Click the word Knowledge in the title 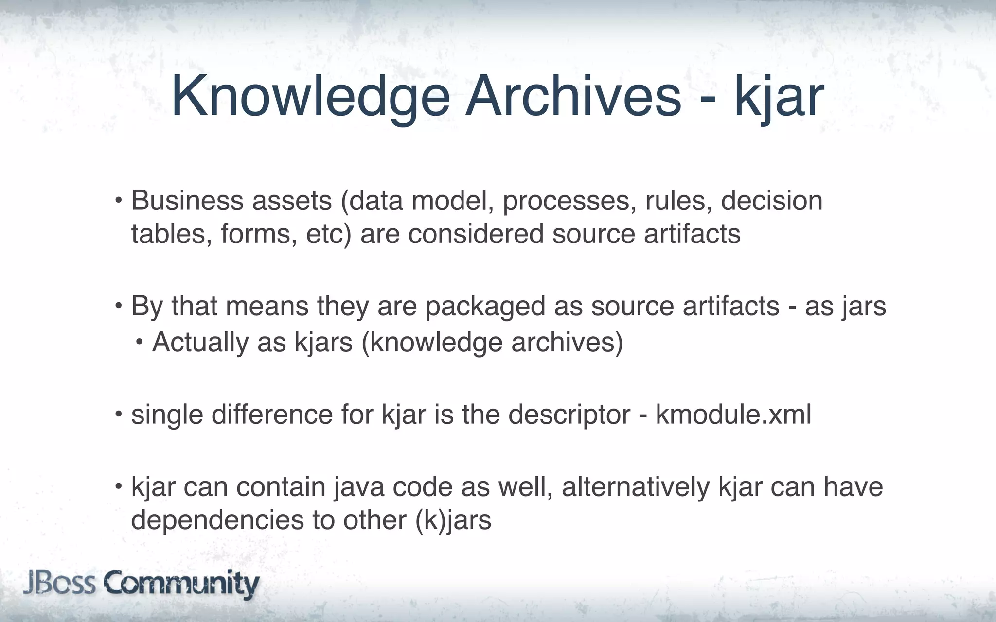coord(311,97)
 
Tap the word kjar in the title coord(778,97)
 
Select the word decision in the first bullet coord(771,201)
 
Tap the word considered coord(476,234)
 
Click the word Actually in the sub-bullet coord(200,343)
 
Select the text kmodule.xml coord(733,415)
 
